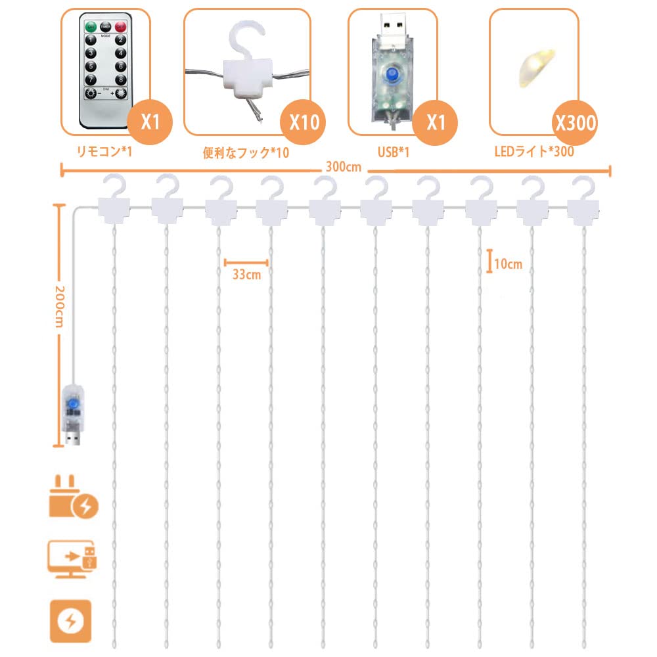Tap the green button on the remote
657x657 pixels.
[90, 26]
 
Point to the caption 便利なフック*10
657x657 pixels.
[246, 153]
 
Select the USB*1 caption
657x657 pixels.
[394, 152]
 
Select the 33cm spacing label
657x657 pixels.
[246, 275]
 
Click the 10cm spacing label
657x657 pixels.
[508, 264]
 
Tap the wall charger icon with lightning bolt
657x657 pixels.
[73, 500]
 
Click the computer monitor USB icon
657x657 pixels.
[73, 559]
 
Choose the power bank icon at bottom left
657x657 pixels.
[70, 620]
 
